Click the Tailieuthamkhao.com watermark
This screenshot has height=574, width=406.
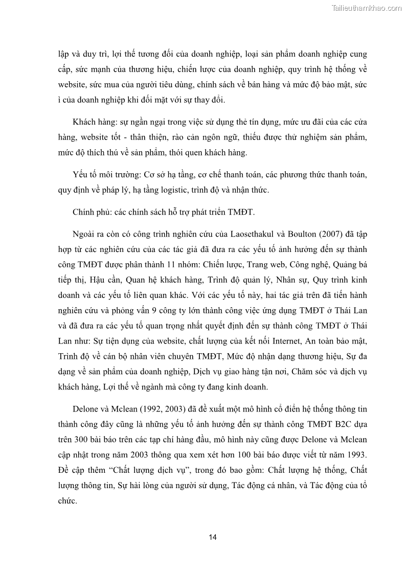pos(367,8)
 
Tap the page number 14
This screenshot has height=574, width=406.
pos(213,537)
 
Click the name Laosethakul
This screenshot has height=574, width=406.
pos(253,234)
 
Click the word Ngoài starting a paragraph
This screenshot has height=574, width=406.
pos(85,234)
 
